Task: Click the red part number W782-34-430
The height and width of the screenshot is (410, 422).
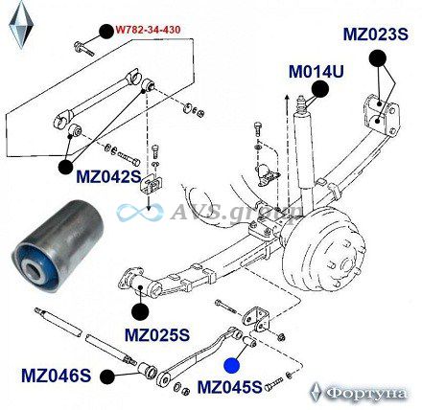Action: (x=148, y=30)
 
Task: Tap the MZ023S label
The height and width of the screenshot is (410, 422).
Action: (x=376, y=34)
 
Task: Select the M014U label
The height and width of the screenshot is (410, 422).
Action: (x=316, y=72)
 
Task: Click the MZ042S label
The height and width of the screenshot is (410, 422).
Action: (x=108, y=176)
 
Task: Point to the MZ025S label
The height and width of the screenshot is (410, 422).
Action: (x=157, y=335)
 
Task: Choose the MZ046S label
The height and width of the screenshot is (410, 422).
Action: (x=57, y=376)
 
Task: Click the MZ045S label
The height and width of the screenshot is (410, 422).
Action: (x=229, y=387)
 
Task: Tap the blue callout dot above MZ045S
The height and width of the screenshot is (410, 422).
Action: (x=232, y=366)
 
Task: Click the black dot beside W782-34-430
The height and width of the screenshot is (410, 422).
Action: (x=106, y=31)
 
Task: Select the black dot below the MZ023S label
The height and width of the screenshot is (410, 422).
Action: (x=378, y=58)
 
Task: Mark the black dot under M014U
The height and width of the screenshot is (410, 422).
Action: (x=320, y=89)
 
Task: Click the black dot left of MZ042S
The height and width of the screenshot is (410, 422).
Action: (x=66, y=167)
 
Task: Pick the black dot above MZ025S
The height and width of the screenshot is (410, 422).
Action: (x=140, y=311)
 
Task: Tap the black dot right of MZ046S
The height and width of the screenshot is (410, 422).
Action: (x=107, y=376)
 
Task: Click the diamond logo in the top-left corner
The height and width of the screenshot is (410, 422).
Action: (x=21, y=25)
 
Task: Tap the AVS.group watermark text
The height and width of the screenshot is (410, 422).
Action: (x=236, y=211)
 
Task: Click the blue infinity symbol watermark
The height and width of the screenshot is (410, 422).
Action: (x=140, y=213)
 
